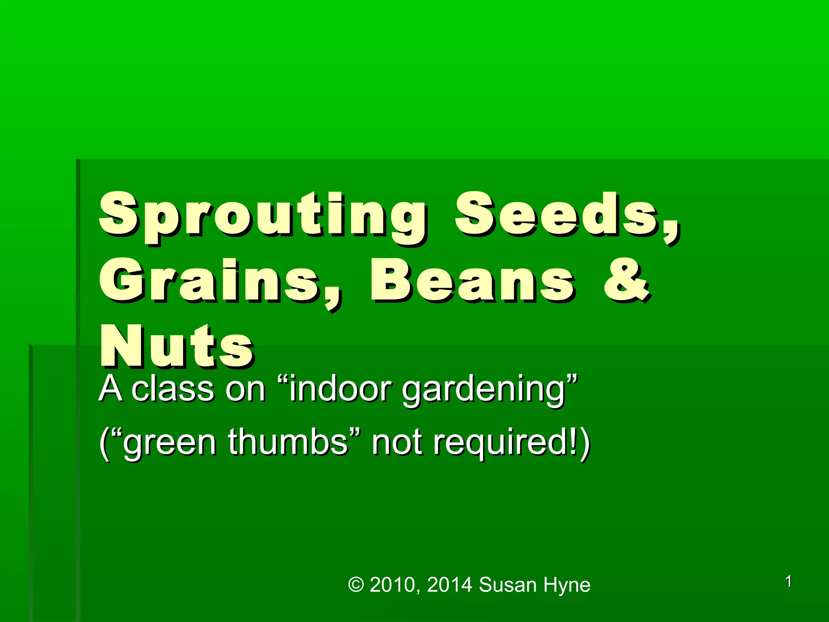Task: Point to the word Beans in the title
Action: (x=472, y=281)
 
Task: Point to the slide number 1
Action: (x=789, y=582)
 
